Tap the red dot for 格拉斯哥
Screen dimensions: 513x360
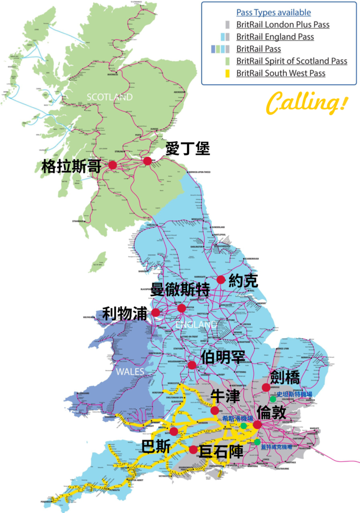click(112, 165)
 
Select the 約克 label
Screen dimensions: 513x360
click(243, 281)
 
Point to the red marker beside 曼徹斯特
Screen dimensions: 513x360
click(182, 308)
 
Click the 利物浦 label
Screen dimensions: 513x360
click(125, 314)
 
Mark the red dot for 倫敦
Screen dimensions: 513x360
click(257, 425)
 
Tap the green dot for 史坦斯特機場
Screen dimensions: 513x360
click(273, 399)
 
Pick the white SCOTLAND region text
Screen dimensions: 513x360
click(109, 97)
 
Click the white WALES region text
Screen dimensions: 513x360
click(130, 372)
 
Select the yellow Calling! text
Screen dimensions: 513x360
click(306, 103)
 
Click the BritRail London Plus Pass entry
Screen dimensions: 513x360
click(283, 25)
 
